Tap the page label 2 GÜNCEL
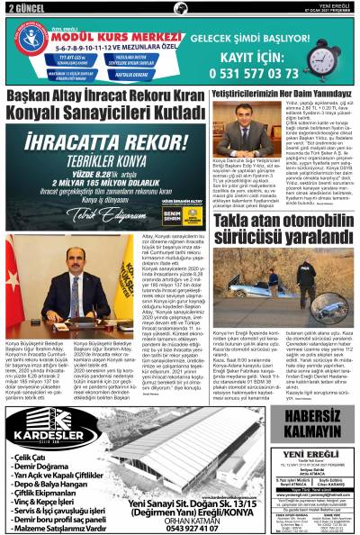point(25,7)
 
